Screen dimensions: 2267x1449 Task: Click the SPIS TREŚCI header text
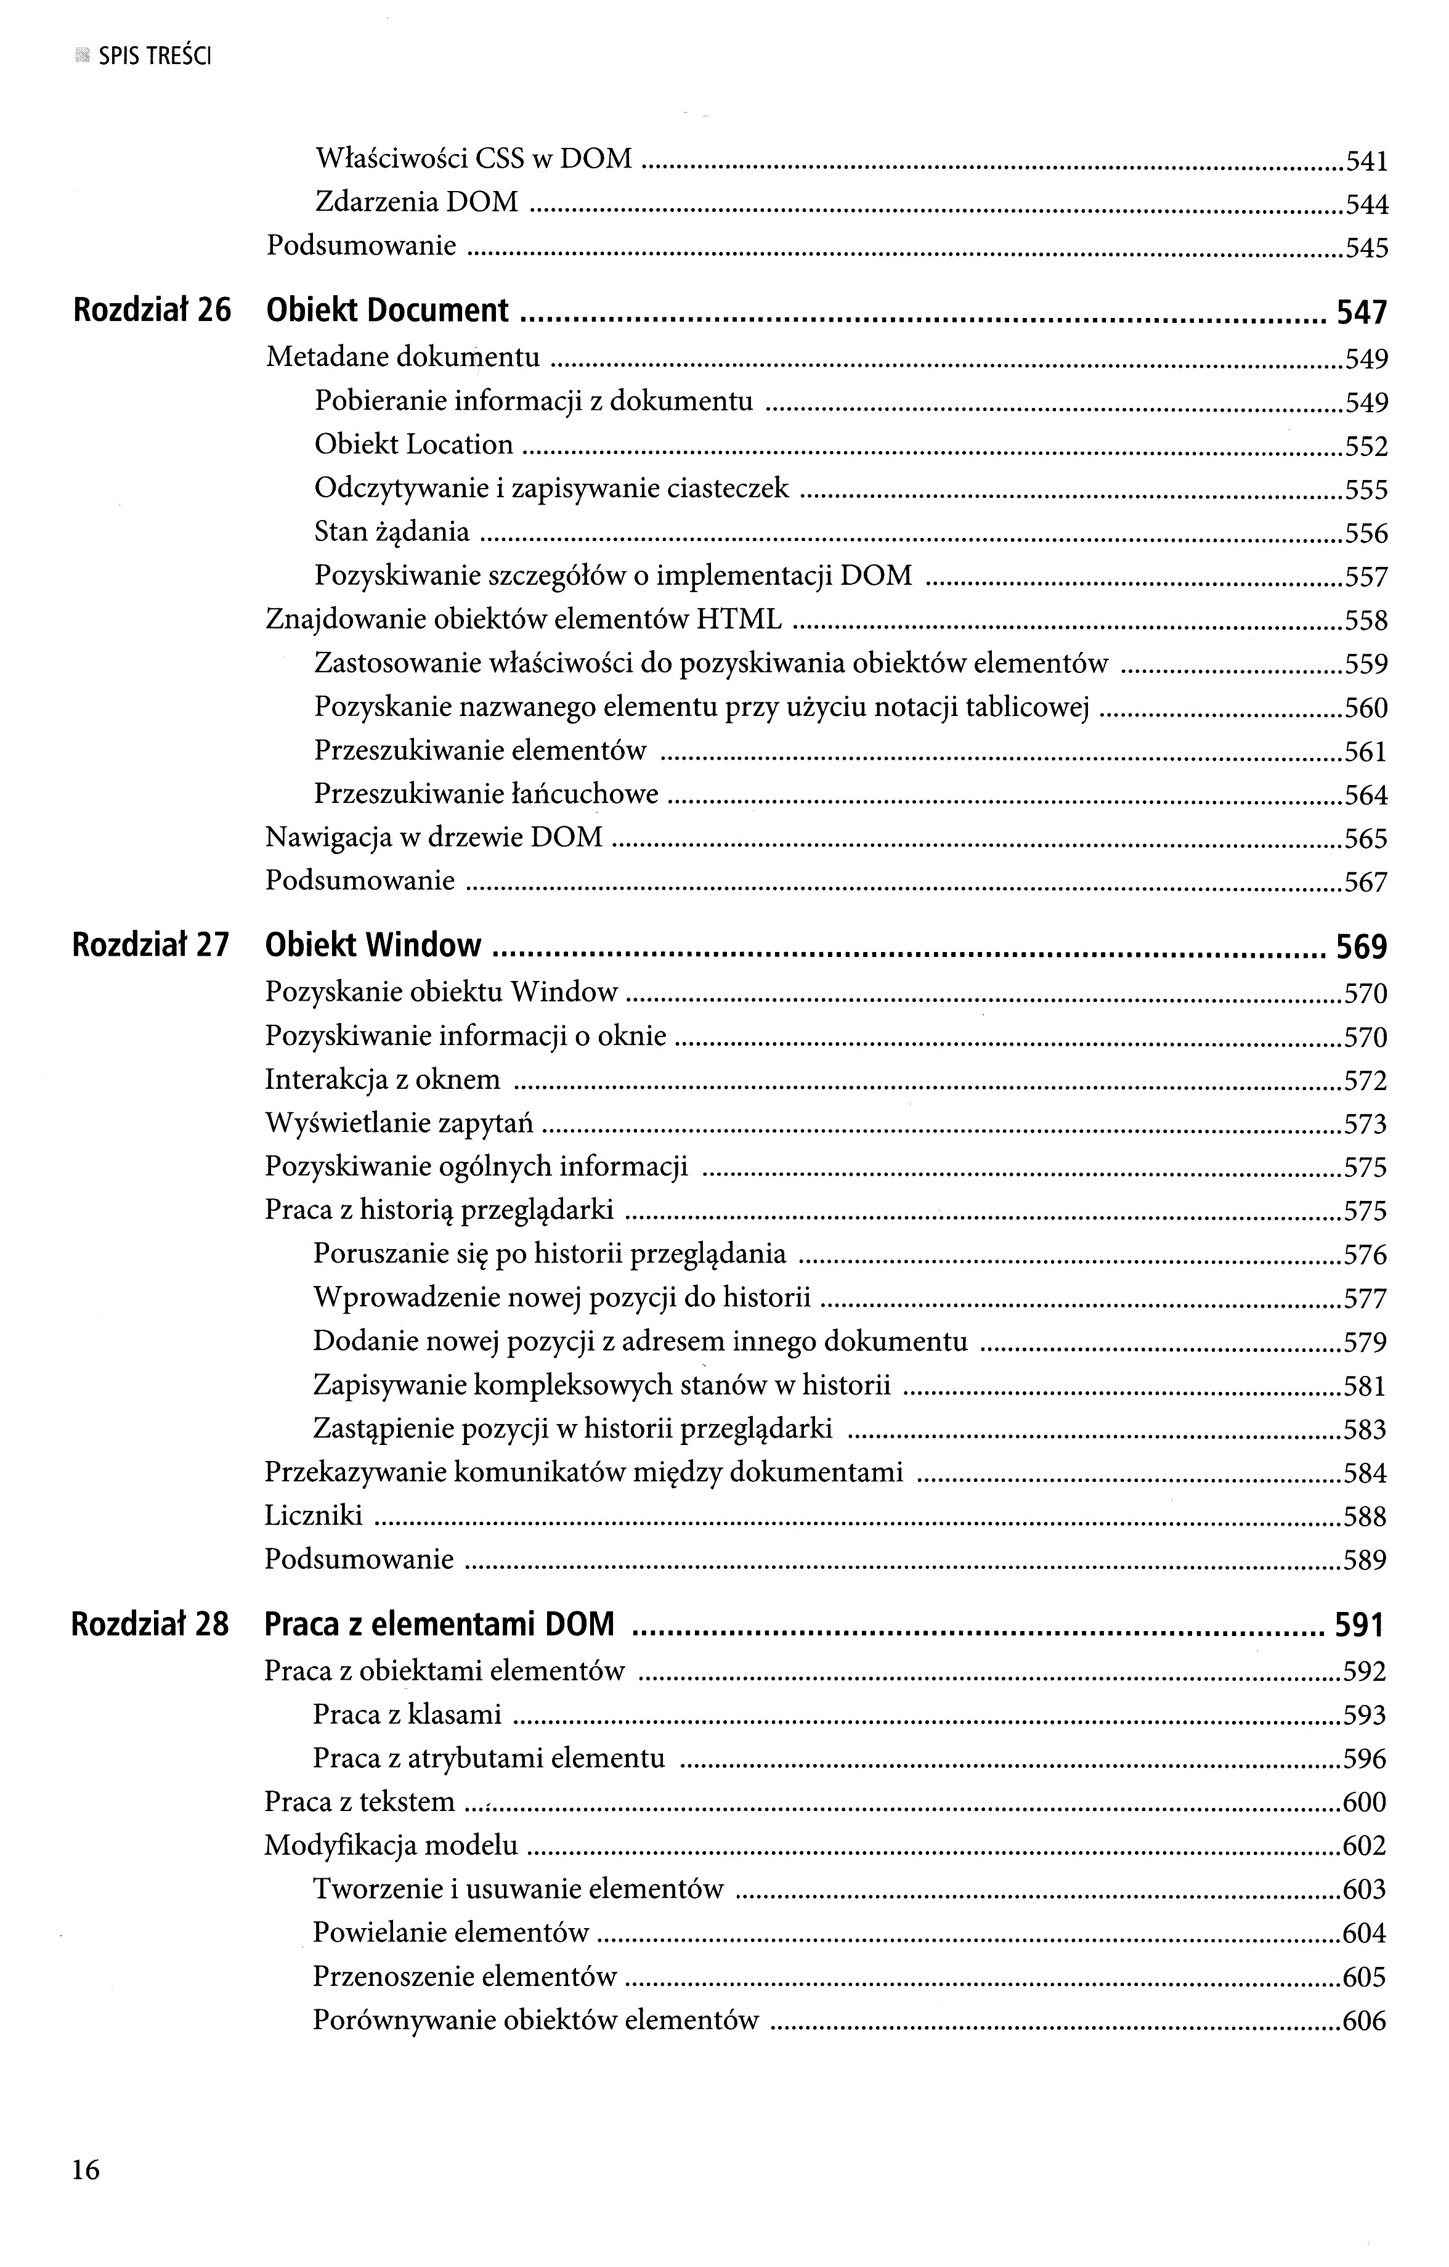tap(155, 57)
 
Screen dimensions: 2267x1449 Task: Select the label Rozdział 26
tap(152, 311)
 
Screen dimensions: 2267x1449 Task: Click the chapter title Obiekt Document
tap(387, 311)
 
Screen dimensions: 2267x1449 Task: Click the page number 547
tap(1362, 312)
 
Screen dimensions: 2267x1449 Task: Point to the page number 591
tap(1360, 1626)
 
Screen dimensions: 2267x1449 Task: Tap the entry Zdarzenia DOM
tap(416, 201)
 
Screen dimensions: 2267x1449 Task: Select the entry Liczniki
tap(314, 1516)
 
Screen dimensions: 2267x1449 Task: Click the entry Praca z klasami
tap(407, 1714)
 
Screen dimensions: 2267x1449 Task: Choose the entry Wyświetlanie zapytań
tap(399, 1123)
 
